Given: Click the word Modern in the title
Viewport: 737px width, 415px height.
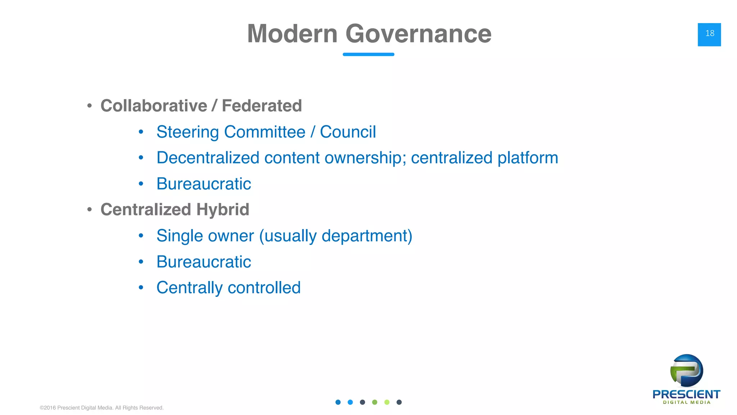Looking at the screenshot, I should [292, 34].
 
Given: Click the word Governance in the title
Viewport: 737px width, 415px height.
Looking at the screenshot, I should [418, 34].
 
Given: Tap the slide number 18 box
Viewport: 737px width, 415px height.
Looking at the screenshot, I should [709, 34].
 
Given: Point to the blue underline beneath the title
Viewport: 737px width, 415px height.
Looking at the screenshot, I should [368, 54].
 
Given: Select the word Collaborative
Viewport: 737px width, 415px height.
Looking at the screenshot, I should [154, 106].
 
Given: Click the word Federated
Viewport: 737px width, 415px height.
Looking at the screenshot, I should [262, 106].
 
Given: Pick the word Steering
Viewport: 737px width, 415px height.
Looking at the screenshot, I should [187, 132].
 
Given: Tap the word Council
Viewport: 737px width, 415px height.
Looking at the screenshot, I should [348, 132].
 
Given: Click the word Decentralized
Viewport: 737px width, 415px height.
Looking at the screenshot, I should [208, 158].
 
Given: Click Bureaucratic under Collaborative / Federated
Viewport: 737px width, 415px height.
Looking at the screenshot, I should [204, 184].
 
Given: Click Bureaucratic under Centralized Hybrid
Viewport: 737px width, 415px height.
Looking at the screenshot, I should [204, 262].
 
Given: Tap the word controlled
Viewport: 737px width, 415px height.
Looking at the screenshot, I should [264, 288].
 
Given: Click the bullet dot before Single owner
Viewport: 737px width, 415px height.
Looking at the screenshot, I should [141, 236].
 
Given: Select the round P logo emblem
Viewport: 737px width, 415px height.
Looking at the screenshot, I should [687, 371].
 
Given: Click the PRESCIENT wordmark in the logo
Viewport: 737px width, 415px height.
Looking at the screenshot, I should [686, 394].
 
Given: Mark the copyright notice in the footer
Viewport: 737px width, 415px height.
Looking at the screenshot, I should [101, 408].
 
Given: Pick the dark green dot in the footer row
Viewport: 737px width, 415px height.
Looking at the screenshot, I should [375, 402].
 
